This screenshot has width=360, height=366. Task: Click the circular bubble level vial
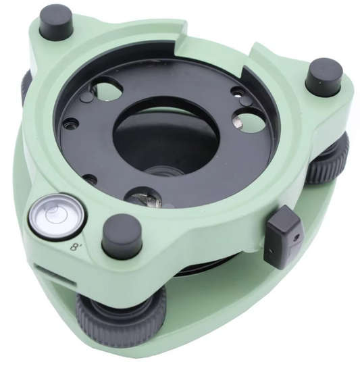coord(58,215)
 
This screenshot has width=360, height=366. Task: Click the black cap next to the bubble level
coord(122,234)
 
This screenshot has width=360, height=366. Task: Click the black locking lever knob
coord(284,237)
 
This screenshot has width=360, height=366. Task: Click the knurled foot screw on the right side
coord(329,161)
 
